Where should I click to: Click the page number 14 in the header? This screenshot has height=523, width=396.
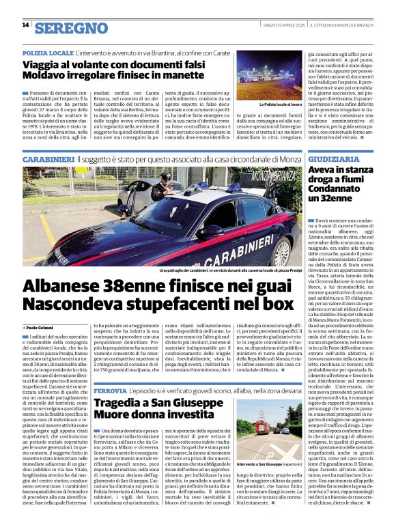point(25,25)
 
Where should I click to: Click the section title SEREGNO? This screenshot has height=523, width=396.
point(71,28)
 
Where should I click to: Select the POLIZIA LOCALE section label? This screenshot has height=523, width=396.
point(47,53)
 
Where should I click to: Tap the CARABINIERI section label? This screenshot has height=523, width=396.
point(48,158)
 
